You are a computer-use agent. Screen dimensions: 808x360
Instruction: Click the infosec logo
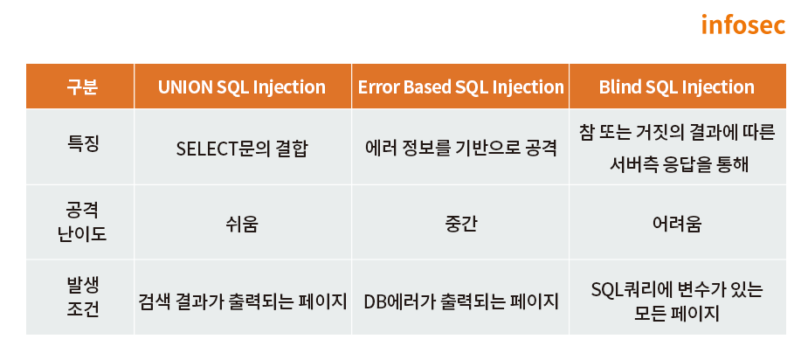743,24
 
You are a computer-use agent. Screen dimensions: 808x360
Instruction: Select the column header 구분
82,87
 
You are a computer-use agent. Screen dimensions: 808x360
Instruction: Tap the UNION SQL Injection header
242,87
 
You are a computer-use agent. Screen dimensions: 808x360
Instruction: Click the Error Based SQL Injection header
460,87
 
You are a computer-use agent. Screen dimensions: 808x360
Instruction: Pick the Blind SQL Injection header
677,87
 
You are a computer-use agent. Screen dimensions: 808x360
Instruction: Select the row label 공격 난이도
82,222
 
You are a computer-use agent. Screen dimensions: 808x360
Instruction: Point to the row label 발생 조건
82,297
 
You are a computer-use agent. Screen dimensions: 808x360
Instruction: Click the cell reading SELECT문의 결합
242,149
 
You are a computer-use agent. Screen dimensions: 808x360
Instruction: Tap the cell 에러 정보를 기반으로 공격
460,149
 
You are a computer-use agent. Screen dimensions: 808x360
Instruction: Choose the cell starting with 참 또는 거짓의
677,149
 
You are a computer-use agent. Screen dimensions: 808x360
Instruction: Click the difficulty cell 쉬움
242,225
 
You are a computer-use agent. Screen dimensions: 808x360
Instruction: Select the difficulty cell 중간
460,225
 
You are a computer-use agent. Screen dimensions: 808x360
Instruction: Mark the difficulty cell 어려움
677,225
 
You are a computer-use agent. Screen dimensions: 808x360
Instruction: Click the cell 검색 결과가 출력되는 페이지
242,301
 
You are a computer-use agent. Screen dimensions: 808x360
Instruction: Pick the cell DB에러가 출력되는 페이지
460,301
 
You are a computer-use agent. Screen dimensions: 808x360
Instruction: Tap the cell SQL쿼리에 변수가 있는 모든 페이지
677,301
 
